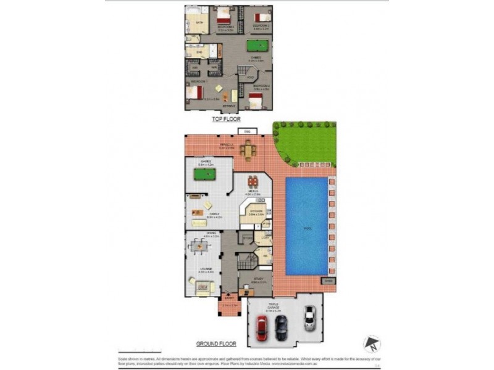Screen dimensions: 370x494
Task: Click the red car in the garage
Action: pos(261,328)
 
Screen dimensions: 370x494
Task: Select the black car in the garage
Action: pos(281,327)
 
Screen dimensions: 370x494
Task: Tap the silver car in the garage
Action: pos(309,318)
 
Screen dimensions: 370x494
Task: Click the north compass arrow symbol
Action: pos(371,343)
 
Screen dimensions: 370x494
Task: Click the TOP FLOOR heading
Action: pos(226,119)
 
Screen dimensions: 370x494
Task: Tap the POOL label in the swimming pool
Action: pos(307,228)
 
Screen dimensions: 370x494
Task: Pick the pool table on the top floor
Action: pos(255,47)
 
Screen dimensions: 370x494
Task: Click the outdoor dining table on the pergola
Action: pos(248,150)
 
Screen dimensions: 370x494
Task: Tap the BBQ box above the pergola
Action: pos(246,131)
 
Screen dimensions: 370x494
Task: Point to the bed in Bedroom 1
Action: pos(196,93)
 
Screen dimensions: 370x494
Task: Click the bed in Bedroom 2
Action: pos(256,99)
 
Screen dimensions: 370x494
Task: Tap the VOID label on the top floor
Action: pos(249,77)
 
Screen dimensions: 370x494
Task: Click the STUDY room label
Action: pos(259,279)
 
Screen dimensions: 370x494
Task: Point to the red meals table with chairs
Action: pos(252,183)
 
